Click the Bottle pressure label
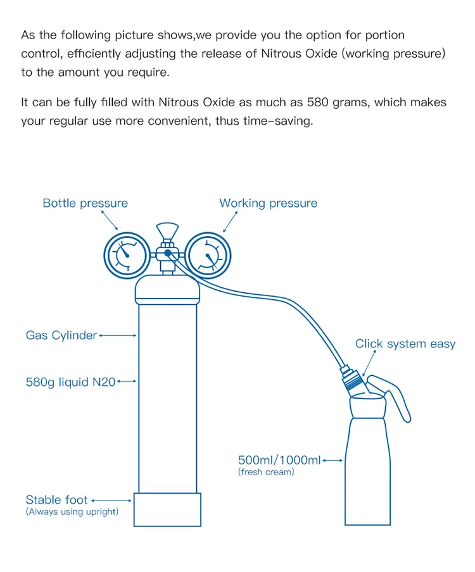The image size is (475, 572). [85, 203]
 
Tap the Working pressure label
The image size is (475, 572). [268, 203]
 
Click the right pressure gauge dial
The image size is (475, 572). [209, 256]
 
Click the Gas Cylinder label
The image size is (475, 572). [61, 335]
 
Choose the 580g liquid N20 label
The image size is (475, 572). [70, 382]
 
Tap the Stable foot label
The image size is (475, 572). [56, 500]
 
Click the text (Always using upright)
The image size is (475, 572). [72, 512]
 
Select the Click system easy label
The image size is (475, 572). [405, 344]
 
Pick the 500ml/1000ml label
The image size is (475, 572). [279, 460]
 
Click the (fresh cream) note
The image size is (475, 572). [266, 472]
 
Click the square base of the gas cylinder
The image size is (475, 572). [167, 509]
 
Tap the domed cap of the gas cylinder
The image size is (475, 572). [167, 290]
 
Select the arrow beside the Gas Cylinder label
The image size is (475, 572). [118, 336]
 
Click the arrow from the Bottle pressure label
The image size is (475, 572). [110, 220]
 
